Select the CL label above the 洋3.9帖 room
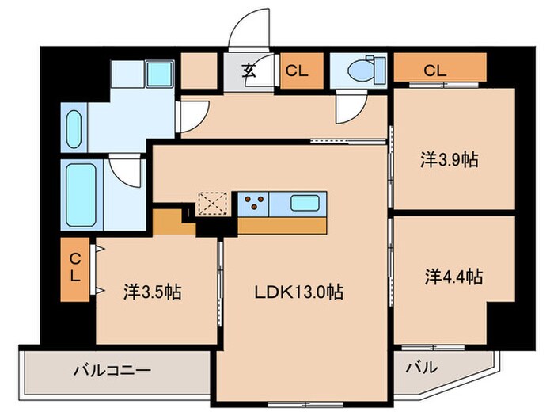tap(434, 71)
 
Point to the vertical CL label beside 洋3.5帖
tap(74, 267)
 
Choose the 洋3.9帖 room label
tap(448, 159)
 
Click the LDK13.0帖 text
tap(298, 292)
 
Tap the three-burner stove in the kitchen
tap(254, 203)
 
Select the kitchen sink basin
tap(305, 203)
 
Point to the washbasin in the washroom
tap(74, 128)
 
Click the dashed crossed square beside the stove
tap(212, 203)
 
